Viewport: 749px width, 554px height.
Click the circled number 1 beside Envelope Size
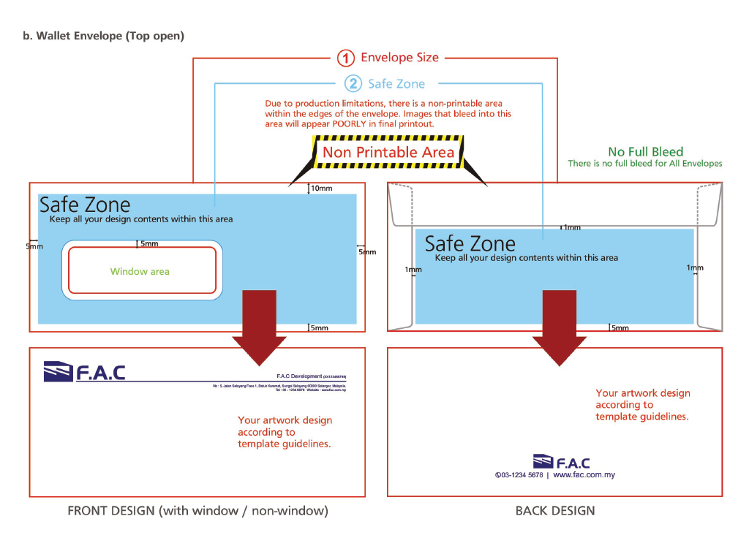[346, 58]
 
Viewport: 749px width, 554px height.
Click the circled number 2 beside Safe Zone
[353, 84]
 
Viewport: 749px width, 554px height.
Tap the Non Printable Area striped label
[388, 153]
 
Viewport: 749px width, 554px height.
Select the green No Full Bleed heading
[645, 152]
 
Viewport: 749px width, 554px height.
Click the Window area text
[140, 272]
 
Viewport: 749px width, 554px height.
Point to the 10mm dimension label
[322, 189]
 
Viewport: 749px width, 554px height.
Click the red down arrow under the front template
[259, 325]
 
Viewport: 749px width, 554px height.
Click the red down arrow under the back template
[560, 325]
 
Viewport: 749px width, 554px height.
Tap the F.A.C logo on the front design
[84, 372]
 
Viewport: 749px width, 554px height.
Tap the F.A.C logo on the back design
[561, 462]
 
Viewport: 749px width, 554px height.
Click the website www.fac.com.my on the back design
[584, 475]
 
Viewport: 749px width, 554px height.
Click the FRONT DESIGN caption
[197, 511]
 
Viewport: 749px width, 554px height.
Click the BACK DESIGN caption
[555, 511]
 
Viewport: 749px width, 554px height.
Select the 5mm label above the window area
[149, 243]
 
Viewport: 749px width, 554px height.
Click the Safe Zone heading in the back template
[470, 243]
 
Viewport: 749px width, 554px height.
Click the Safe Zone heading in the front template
[85, 205]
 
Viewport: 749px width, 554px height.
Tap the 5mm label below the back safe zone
[620, 328]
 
